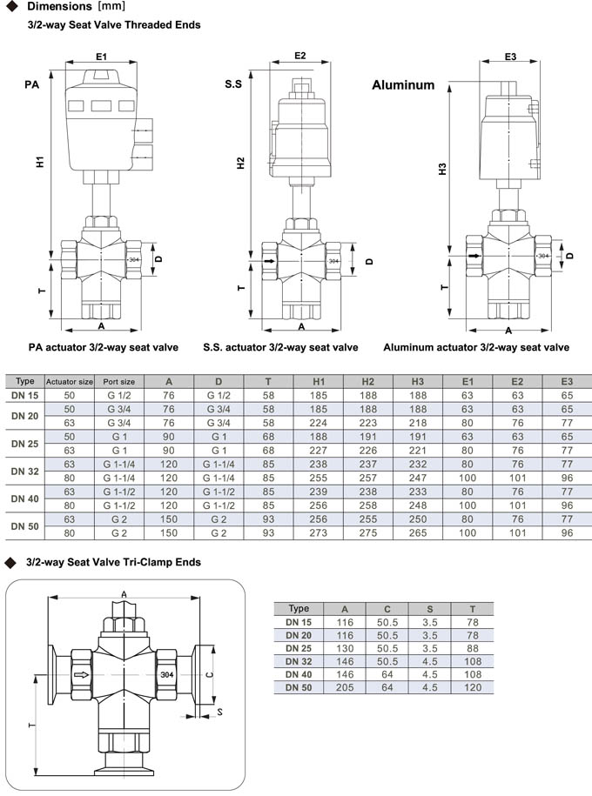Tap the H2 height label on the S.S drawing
(242, 164)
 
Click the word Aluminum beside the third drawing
(403, 85)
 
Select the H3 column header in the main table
(418, 381)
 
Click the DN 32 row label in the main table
(25, 471)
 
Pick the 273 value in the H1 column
(319, 532)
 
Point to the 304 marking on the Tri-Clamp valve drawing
(168, 674)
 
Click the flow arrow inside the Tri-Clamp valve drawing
(81, 674)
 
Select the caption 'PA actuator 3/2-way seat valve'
(104, 347)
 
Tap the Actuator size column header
(69, 381)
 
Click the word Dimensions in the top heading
(63, 8)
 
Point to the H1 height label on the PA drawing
(41, 161)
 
